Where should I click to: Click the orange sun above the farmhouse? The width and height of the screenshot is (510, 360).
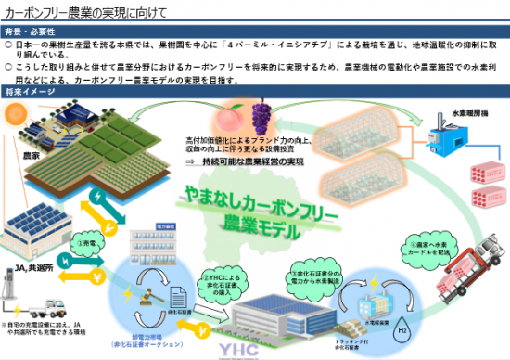click(x=18, y=113)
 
